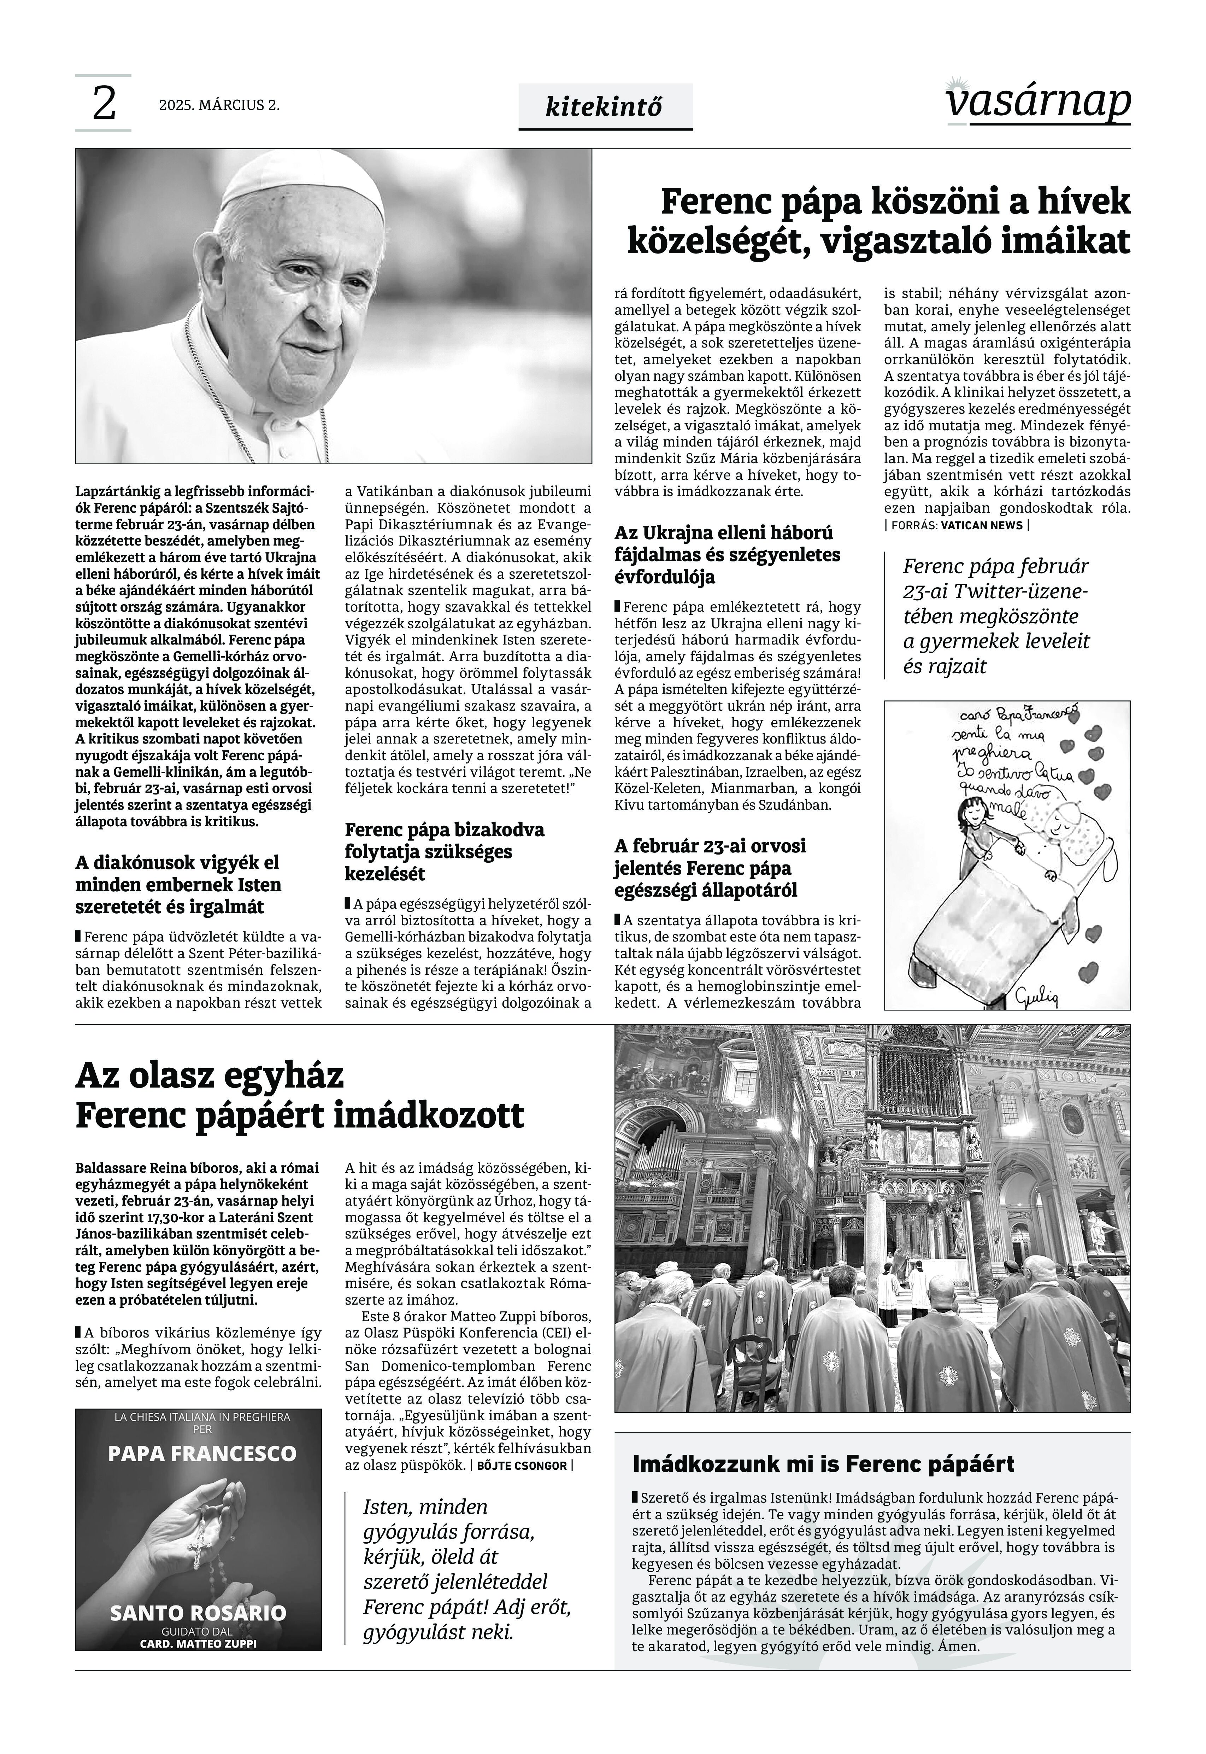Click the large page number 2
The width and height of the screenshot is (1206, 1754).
click(104, 104)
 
